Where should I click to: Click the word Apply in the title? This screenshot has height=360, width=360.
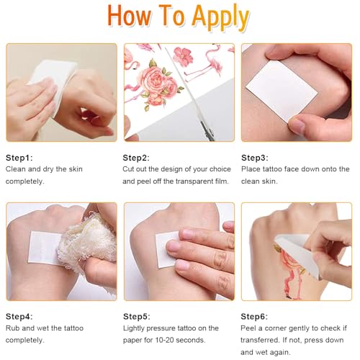tap(220, 17)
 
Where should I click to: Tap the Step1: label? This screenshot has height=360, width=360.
tap(19, 158)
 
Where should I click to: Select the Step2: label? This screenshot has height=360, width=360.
tap(136, 158)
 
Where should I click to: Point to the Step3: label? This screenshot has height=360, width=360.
tap(255, 158)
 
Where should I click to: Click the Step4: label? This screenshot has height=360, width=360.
tap(19, 317)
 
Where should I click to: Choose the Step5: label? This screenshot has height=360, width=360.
tap(137, 317)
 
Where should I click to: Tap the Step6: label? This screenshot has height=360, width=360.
tap(254, 317)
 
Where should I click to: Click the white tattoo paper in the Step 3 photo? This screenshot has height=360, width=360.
tap(282, 91)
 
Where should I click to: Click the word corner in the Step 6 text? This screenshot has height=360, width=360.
tap(279, 328)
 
